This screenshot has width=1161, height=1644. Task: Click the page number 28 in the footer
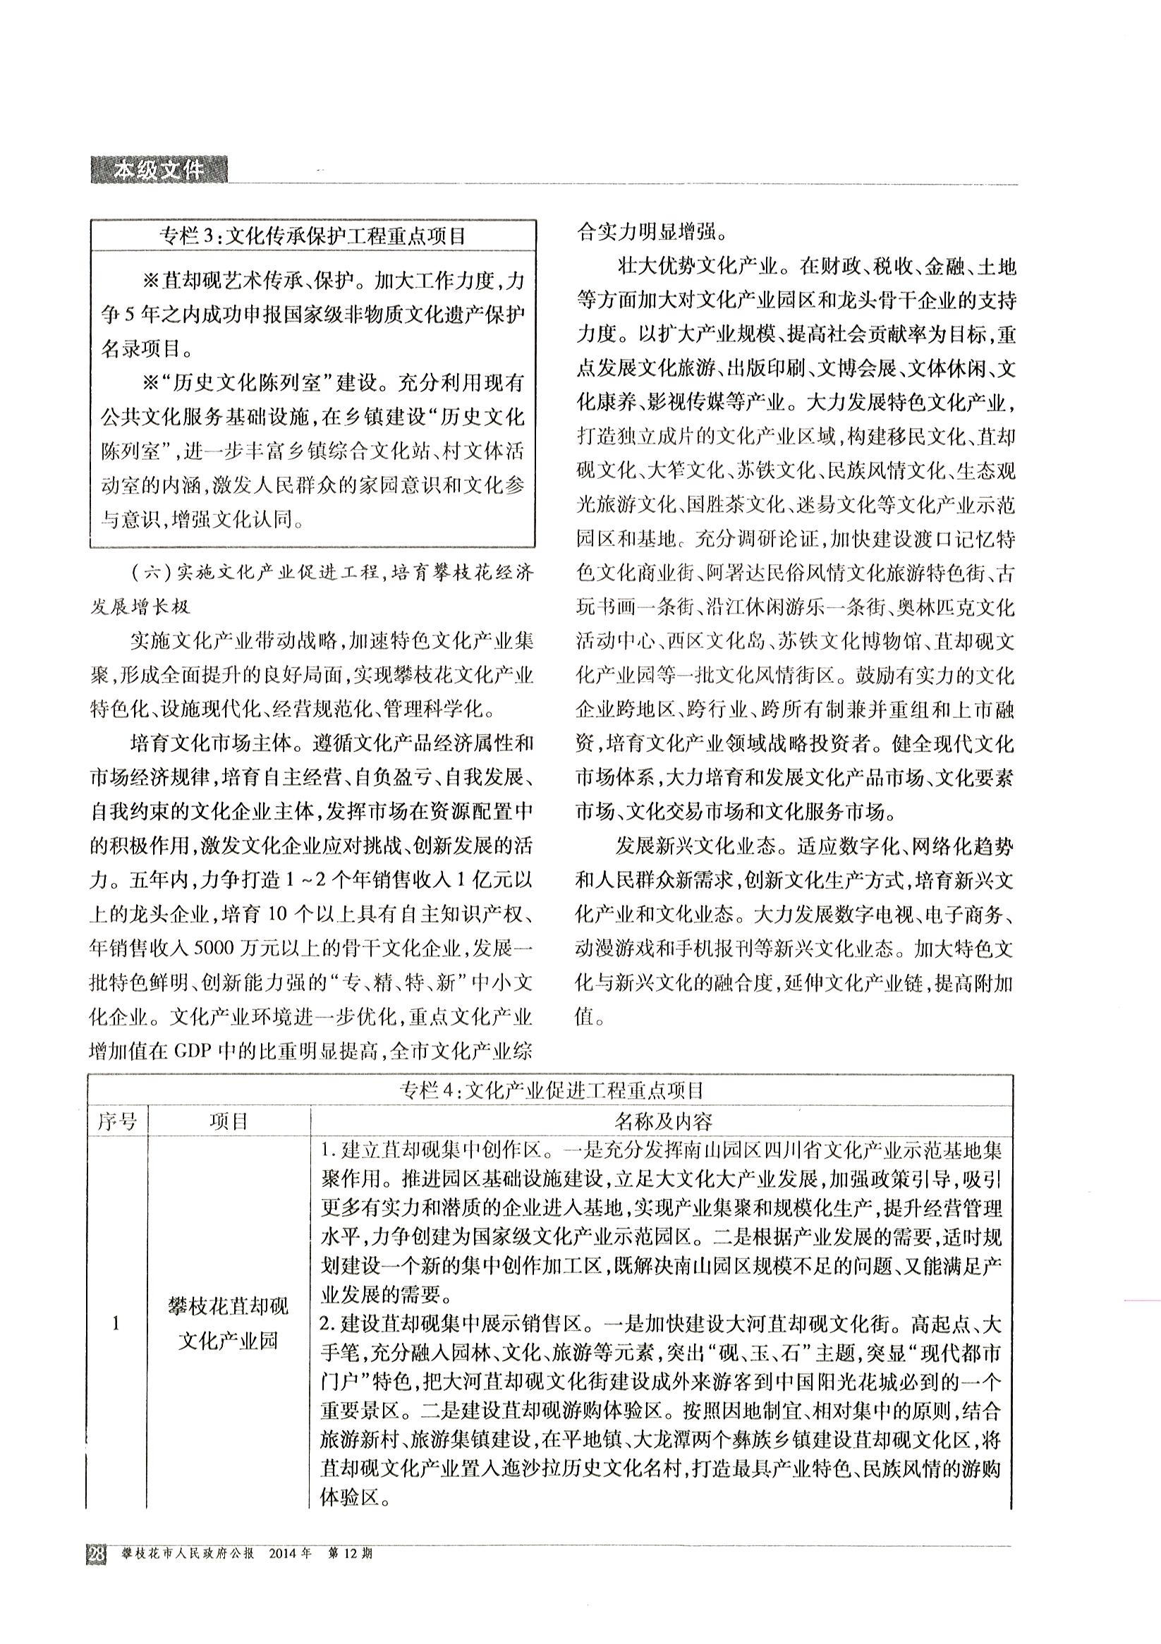point(96,1554)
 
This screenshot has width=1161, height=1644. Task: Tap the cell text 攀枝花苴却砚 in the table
point(229,1308)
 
